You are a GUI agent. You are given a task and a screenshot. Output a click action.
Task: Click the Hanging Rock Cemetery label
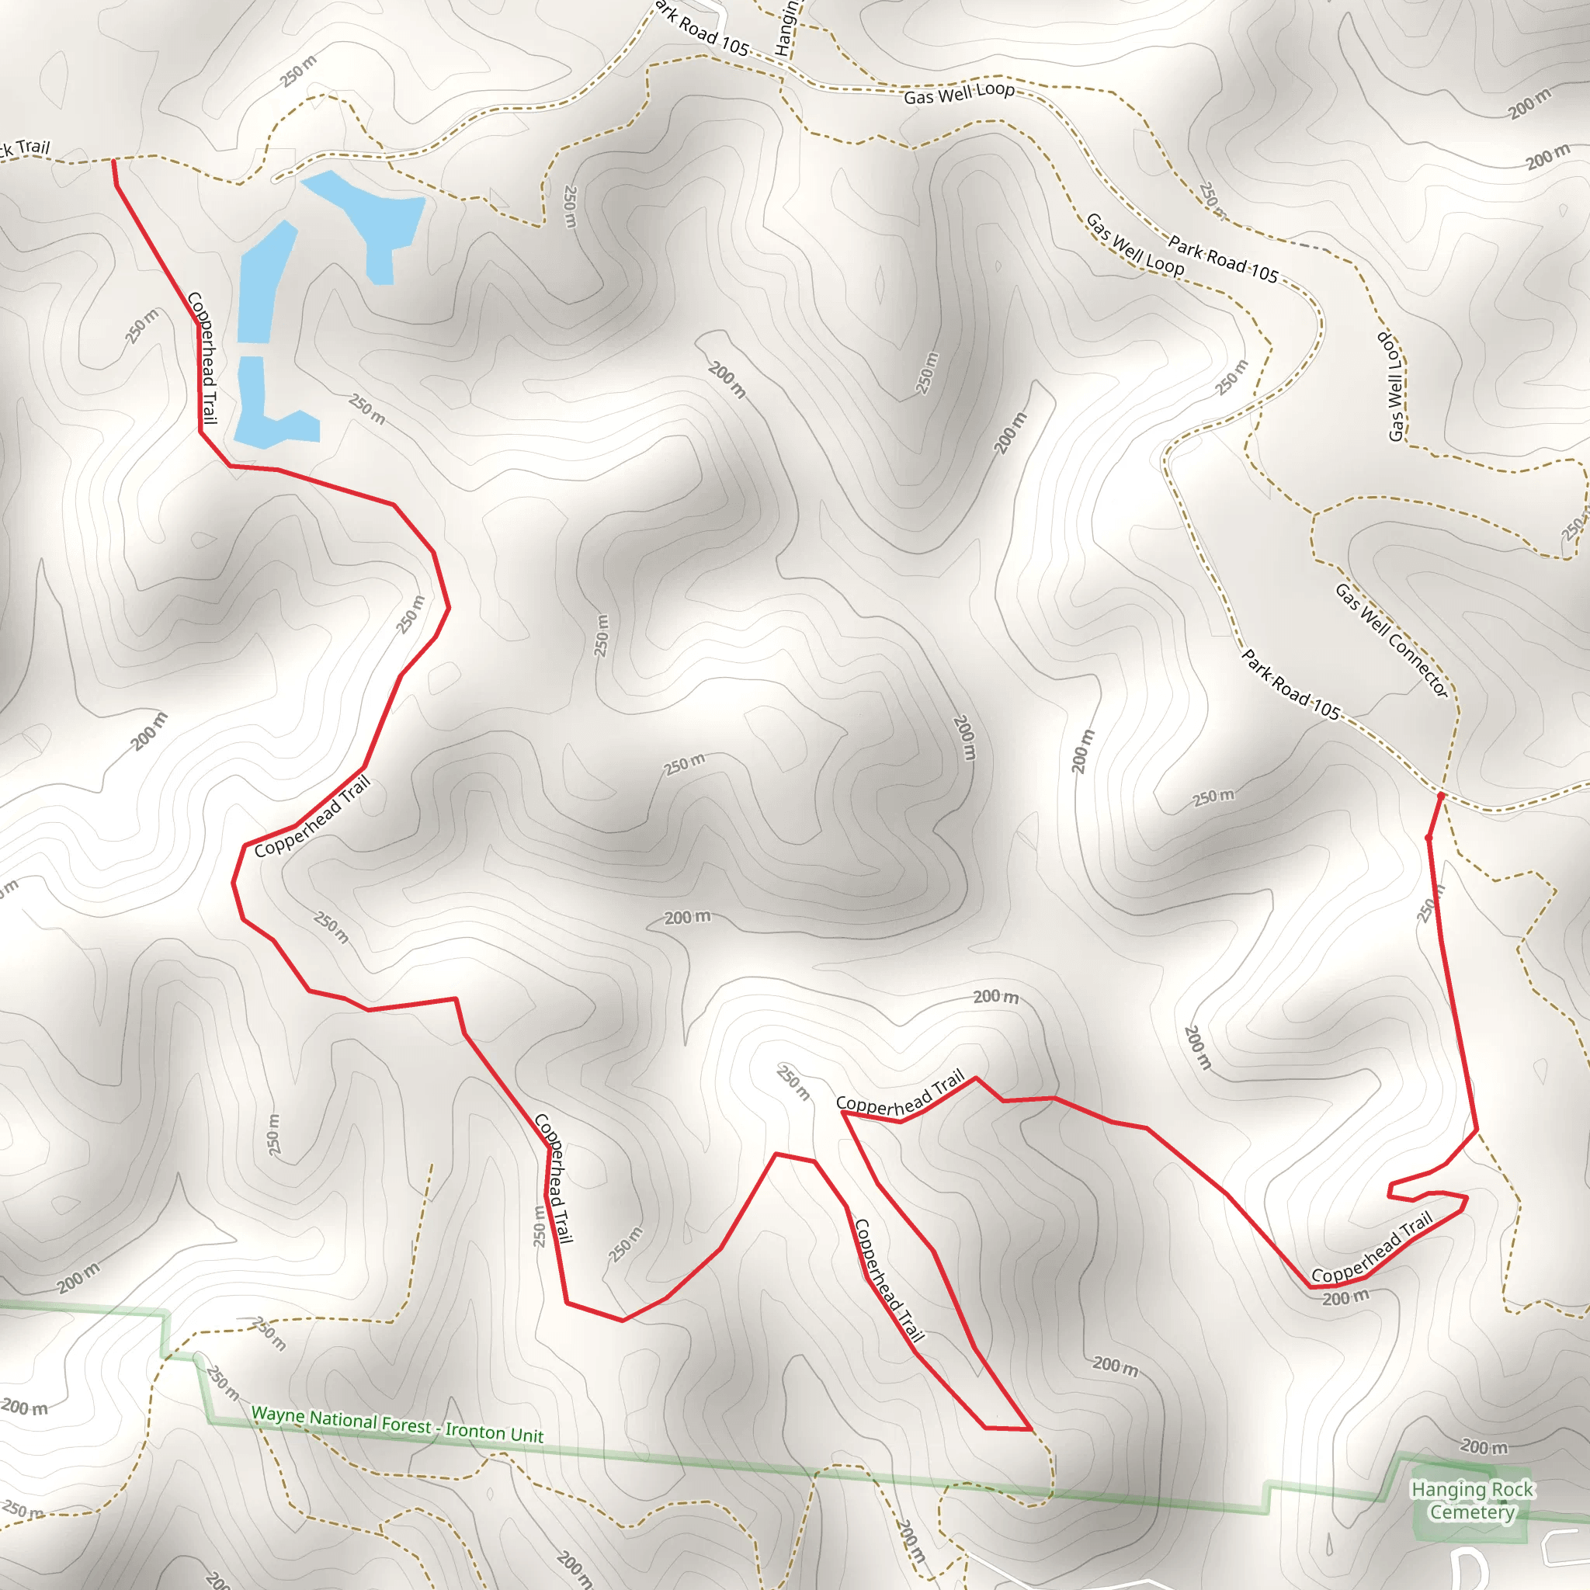coord(1471,1500)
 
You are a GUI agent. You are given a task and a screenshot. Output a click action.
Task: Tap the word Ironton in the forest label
coord(477,1431)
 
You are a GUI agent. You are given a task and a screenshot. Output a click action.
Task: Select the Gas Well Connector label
coord(1390,641)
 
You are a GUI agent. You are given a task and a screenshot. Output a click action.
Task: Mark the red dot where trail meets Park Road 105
coord(1440,797)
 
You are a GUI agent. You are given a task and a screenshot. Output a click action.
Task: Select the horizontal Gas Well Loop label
coord(959,93)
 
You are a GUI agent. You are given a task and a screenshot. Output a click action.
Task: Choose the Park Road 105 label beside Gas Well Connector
coord(1290,685)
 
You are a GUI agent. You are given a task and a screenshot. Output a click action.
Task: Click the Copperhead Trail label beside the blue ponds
coord(203,357)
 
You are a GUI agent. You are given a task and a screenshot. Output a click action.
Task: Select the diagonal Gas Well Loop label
coord(1135,246)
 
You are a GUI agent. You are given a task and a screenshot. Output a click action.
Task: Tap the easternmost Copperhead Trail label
coord(1372,1248)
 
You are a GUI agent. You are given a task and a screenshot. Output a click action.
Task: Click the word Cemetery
coord(1471,1512)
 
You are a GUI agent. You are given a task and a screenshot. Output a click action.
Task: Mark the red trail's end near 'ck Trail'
coord(113,161)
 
